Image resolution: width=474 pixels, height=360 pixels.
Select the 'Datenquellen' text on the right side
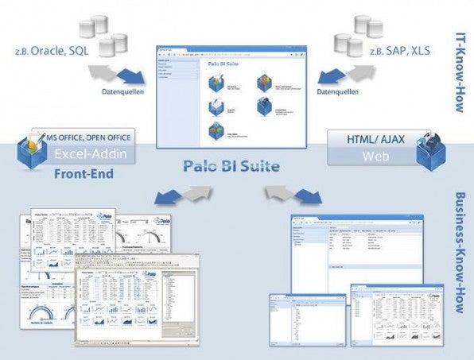(335, 91)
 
